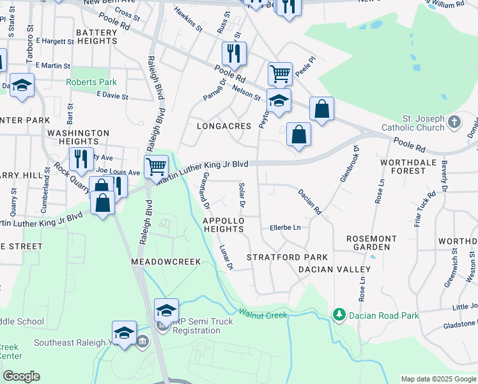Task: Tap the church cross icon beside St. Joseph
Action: coord(454,122)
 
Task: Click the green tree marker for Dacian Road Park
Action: coord(339,315)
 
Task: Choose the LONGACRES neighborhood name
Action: coord(227,126)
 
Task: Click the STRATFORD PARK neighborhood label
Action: coord(279,257)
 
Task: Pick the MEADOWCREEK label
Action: coord(166,262)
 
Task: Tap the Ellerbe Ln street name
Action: coord(285,227)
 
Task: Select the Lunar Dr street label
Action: coord(226,256)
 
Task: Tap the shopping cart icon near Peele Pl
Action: coord(280,74)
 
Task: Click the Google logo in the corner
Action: coord(21,376)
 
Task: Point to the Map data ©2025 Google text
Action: coord(438,379)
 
